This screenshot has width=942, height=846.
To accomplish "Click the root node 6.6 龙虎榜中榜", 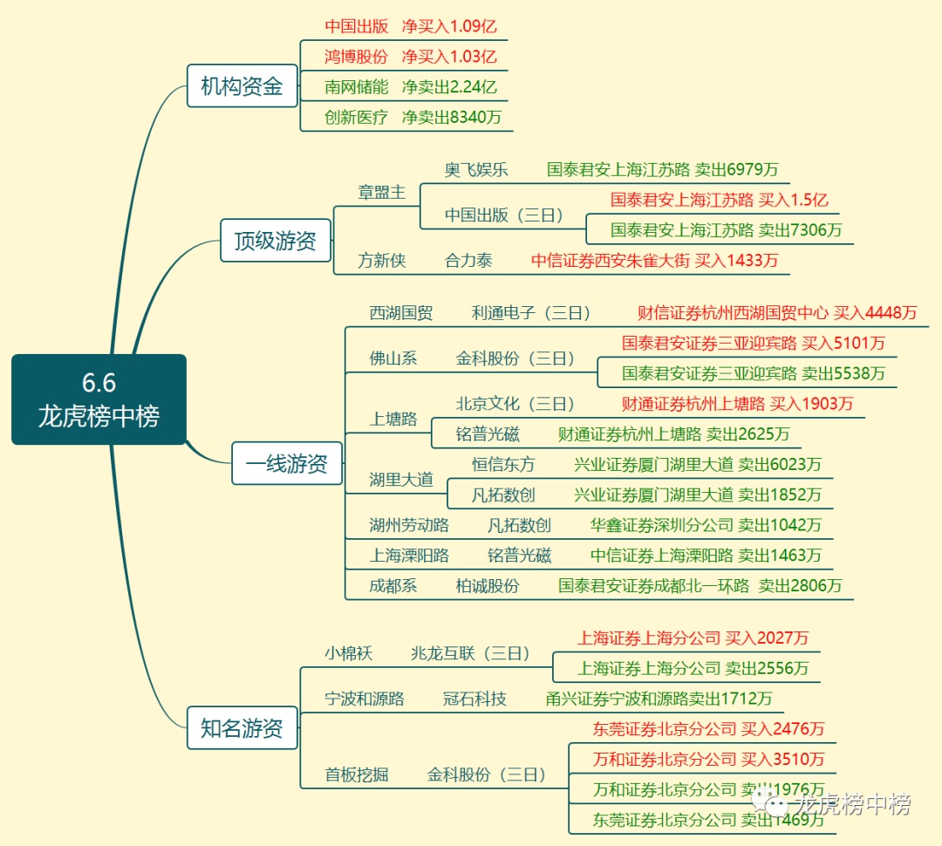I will [x=99, y=399].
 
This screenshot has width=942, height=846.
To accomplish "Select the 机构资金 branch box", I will [x=242, y=86].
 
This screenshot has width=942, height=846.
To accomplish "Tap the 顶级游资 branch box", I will [x=275, y=241].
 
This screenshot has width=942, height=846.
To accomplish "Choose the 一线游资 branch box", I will [x=286, y=463].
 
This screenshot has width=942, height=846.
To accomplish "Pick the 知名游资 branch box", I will [x=242, y=727].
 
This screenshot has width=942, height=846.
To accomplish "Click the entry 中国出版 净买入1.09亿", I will [x=410, y=26].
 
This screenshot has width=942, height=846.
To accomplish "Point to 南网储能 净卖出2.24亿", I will [x=410, y=87].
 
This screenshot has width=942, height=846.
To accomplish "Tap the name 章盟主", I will [x=381, y=192].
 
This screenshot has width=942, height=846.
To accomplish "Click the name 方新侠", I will [x=381, y=260].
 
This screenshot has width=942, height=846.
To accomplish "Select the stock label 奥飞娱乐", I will [x=475, y=169].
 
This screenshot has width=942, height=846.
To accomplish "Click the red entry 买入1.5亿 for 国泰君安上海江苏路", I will [x=719, y=200].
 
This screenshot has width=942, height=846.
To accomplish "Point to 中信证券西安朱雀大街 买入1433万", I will [x=654, y=260].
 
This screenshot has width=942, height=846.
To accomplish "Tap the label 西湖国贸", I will [x=400, y=312].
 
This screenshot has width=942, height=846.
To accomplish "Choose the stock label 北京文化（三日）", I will [x=515, y=404].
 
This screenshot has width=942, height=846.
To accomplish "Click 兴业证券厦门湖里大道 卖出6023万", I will [x=697, y=465].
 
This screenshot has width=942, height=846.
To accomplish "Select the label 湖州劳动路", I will [x=408, y=525].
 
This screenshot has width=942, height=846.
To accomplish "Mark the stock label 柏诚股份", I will [x=487, y=586].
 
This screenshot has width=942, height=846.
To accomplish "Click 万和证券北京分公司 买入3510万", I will [x=708, y=760].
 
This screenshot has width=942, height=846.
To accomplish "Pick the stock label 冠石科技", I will [x=474, y=699].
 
